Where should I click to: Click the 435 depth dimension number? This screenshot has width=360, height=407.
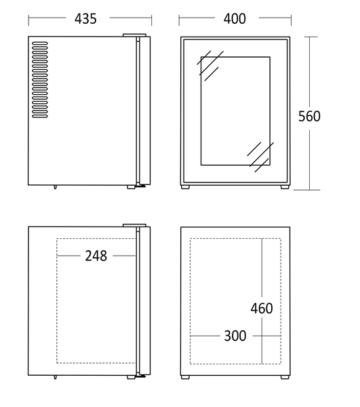coord(85,19)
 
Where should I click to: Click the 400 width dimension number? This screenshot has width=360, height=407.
coord(235,19)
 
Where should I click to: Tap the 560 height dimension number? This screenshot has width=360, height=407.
coord(309,116)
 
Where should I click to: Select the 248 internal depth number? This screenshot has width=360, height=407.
coord(96,256)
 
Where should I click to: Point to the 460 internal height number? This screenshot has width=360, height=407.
coord(262,309)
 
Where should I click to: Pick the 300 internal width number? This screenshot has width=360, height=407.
coord(235,336)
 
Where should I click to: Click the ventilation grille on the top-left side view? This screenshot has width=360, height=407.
coord(40,79)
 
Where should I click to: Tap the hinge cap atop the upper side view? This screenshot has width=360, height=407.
coord(134,35)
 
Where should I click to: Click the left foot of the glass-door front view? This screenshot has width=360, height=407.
coord(185,187)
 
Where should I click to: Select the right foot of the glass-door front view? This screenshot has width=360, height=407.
coord(285,187)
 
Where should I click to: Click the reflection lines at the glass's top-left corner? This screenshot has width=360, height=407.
coord(210,66)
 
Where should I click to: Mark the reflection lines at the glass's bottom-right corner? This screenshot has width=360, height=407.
coord(260,157)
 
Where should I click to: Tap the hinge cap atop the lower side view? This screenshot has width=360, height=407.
coord(134,225)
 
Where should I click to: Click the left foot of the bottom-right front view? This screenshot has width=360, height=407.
coord(185,377)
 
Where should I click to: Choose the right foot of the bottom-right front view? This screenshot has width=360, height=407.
coord(285,377)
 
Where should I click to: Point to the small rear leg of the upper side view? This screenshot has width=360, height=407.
coord(55,187)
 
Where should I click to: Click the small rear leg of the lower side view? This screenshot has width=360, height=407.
coord(55,377)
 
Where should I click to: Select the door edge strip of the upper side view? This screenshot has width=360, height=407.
coord(144,111)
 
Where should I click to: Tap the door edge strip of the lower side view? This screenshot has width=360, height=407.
coord(144,301)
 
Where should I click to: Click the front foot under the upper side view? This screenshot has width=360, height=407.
coord(132,187)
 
